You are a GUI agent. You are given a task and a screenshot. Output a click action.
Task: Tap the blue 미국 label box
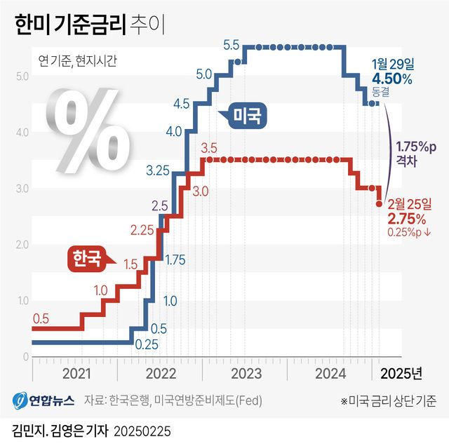point(248,115)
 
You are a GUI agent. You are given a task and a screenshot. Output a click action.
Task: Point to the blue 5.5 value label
point(232,46)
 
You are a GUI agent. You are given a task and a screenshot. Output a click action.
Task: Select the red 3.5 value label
point(208,148)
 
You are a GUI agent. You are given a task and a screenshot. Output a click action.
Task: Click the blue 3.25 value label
point(158,170)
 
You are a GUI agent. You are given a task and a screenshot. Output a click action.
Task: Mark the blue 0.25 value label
point(146,344)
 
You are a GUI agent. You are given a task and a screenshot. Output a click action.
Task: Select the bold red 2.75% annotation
point(407,217)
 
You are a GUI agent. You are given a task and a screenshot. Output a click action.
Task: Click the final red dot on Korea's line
point(380,204)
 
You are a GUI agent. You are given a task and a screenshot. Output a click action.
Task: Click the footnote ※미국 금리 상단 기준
point(388,401)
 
